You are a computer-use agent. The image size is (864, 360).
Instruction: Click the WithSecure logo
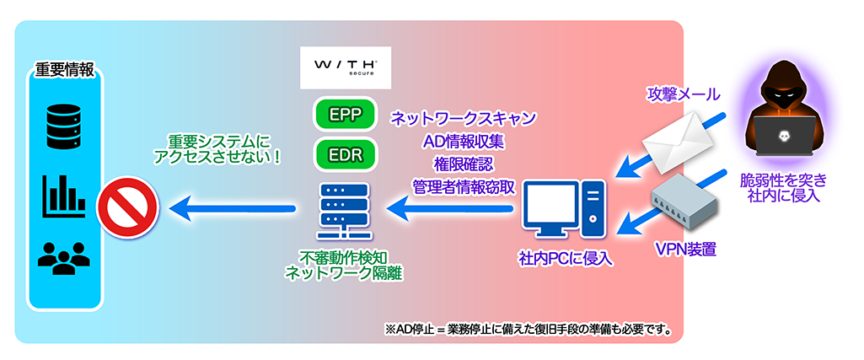pos(346,67)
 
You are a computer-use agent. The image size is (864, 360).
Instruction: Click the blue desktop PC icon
pos(564,206)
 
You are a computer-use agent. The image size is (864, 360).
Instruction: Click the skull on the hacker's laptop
pos(784,136)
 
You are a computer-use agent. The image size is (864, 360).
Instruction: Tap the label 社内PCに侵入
pos(566,258)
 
